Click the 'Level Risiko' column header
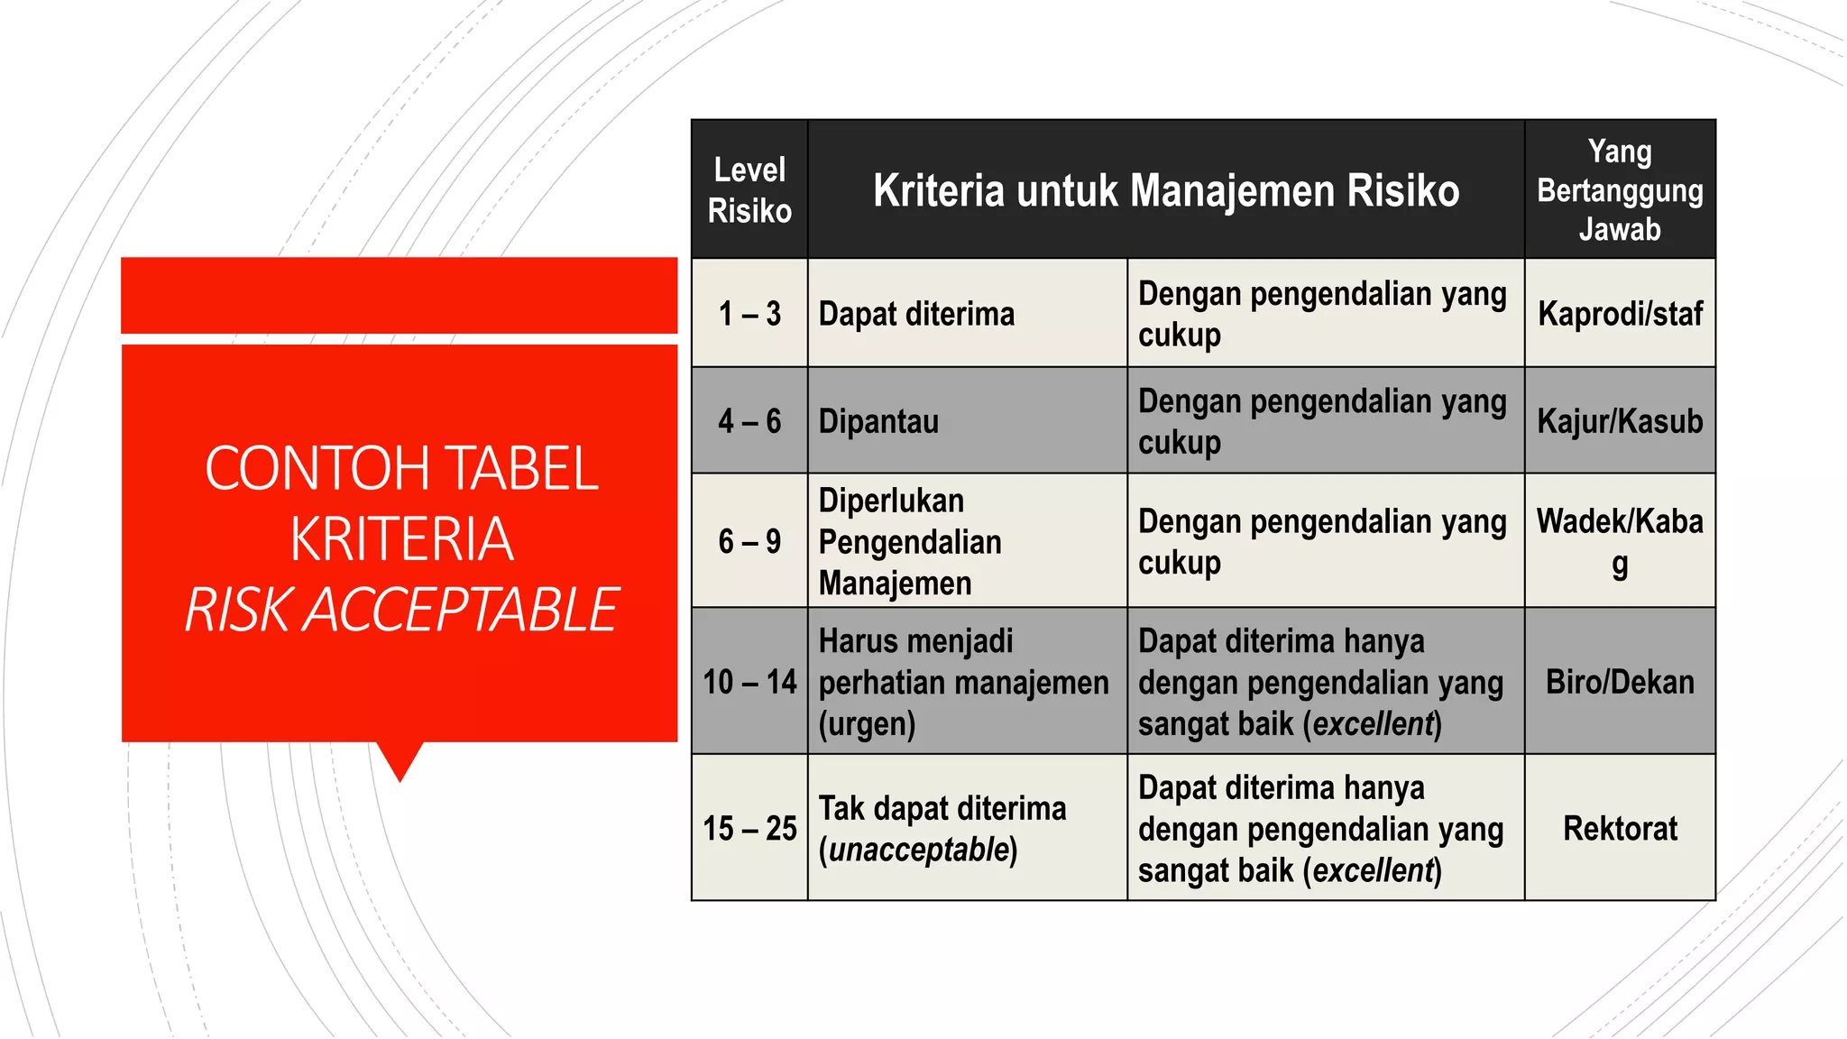click(749, 190)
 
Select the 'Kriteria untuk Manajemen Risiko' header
click(1165, 190)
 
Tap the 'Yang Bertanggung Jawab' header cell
click(1620, 190)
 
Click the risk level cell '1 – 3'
click(749, 314)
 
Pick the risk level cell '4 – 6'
click(749, 421)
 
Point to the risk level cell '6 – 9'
click(749, 541)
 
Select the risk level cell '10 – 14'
click(749, 682)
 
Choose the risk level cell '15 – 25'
click(749, 828)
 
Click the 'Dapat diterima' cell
click(916, 314)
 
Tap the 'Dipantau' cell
click(878, 421)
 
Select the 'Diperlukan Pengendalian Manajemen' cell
click(909, 541)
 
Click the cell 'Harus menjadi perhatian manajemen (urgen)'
click(963, 682)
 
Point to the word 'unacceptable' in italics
click(918, 850)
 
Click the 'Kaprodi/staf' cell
click(1620, 314)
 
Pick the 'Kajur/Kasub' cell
click(1620, 421)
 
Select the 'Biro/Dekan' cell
click(1620, 682)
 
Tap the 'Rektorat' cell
click(1620, 828)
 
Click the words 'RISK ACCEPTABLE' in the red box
click(401, 611)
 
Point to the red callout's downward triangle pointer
click(400, 760)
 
